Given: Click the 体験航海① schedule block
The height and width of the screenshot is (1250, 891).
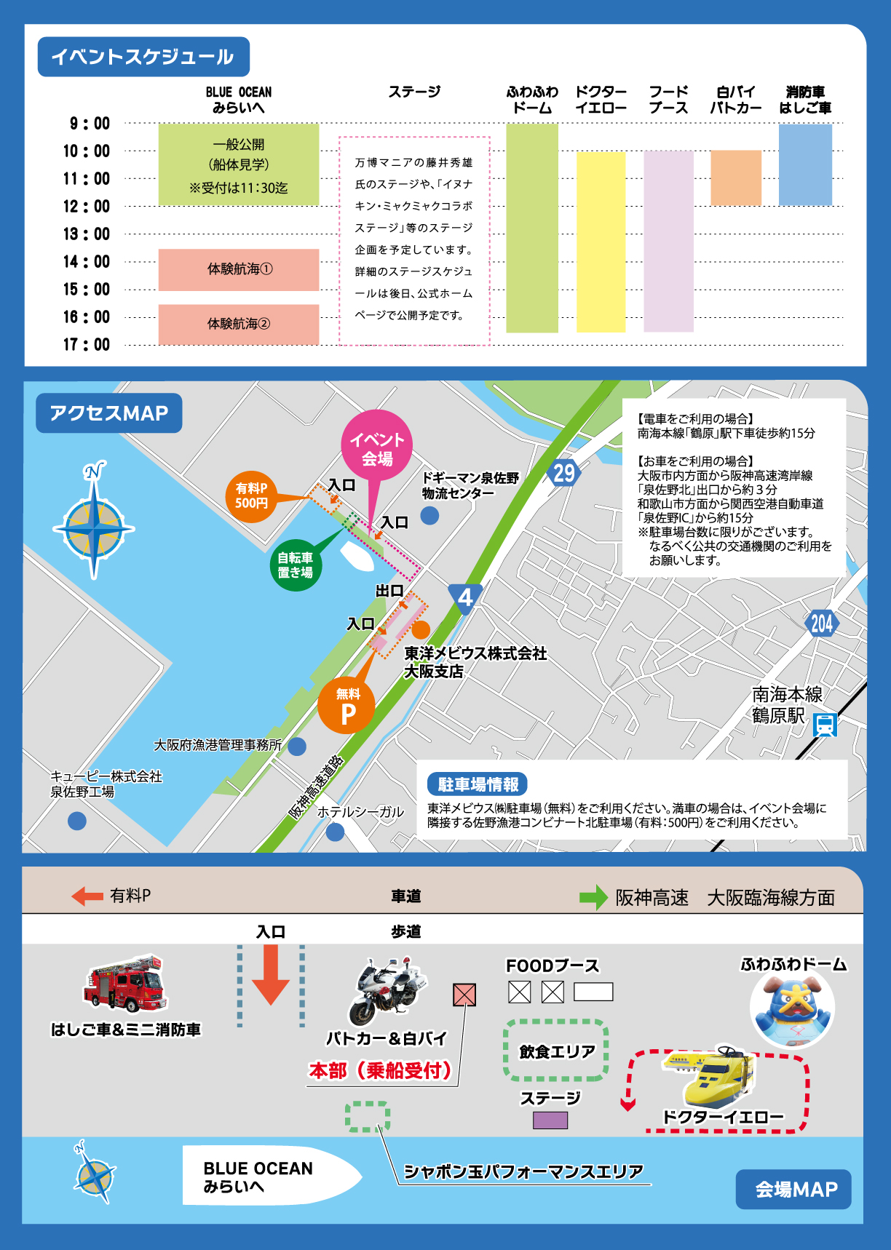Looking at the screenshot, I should click(239, 269).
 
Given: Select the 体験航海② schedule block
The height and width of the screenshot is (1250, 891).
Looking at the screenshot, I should click(239, 324).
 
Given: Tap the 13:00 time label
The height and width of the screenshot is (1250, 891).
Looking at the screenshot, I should click(87, 234).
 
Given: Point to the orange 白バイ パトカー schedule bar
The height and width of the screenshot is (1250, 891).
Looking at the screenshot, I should click(735, 178).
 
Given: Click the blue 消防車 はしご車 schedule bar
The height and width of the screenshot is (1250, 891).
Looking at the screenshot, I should click(805, 164).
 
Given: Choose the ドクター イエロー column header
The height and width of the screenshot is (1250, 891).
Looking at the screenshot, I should click(601, 100).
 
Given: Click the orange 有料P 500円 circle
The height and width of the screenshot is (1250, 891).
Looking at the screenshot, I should click(251, 496).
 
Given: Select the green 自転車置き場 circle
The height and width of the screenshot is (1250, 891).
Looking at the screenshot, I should click(296, 565).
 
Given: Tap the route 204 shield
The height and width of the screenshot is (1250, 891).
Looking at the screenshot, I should click(822, 623).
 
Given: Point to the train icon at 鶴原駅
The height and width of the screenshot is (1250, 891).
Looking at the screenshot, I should click(825, 725).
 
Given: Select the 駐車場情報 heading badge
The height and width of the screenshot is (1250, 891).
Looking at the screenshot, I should click(478, 784).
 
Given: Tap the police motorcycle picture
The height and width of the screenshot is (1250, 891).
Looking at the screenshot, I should click(388, 992).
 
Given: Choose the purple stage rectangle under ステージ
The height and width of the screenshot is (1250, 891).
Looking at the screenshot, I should click(550, 1120).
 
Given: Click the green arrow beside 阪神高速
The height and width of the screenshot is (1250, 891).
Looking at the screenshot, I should click(593, 897).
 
